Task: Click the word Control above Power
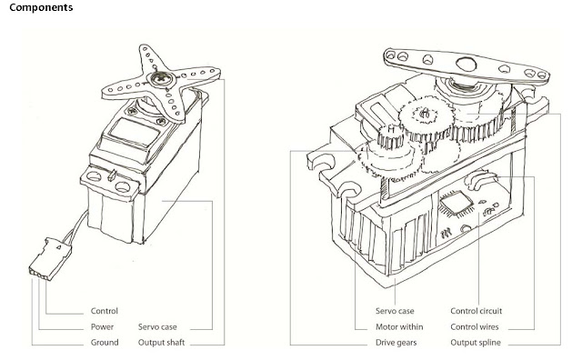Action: tap(105, 310)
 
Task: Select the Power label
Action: tap(103, 325)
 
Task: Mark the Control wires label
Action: tap(479, 325)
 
